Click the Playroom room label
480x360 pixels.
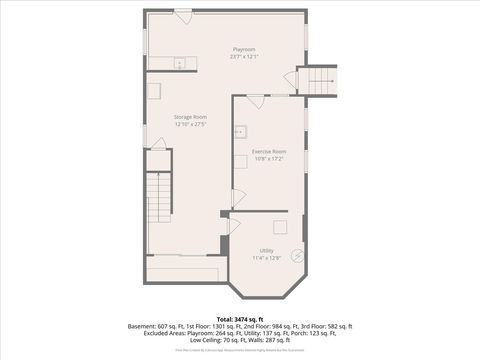(x=244, y=50)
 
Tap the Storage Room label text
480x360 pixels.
(x=190, y=117)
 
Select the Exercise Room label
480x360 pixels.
(x=269, y=152)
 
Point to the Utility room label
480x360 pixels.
(x=267, y=250)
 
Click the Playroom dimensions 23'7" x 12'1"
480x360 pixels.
(x=244, y=57)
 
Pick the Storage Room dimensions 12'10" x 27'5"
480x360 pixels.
(x=190, y=124)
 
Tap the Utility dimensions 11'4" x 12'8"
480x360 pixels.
(x=267, y=257)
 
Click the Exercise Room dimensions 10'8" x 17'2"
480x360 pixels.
(x=269, y=159)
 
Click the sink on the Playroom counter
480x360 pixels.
(x=181, y=63)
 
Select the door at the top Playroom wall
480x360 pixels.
(x=183, y=14)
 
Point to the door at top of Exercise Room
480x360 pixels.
(x=256, y=100)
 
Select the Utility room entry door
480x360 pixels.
(x=233, y=225)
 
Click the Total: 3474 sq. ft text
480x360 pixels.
(x=240, y=318)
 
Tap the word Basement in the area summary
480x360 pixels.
(x=142, y=326)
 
